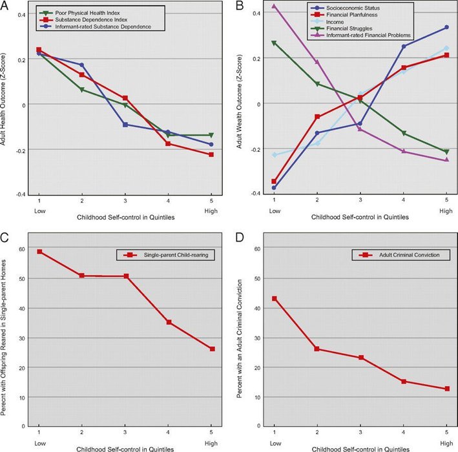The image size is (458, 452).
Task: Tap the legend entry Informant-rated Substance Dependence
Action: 99,27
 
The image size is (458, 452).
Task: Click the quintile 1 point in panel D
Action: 275,298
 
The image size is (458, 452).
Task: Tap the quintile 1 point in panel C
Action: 39,251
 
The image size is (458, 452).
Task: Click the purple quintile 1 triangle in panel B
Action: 275,6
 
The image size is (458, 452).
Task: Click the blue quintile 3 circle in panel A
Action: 125,124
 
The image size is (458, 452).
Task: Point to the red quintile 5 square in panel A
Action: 211,154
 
